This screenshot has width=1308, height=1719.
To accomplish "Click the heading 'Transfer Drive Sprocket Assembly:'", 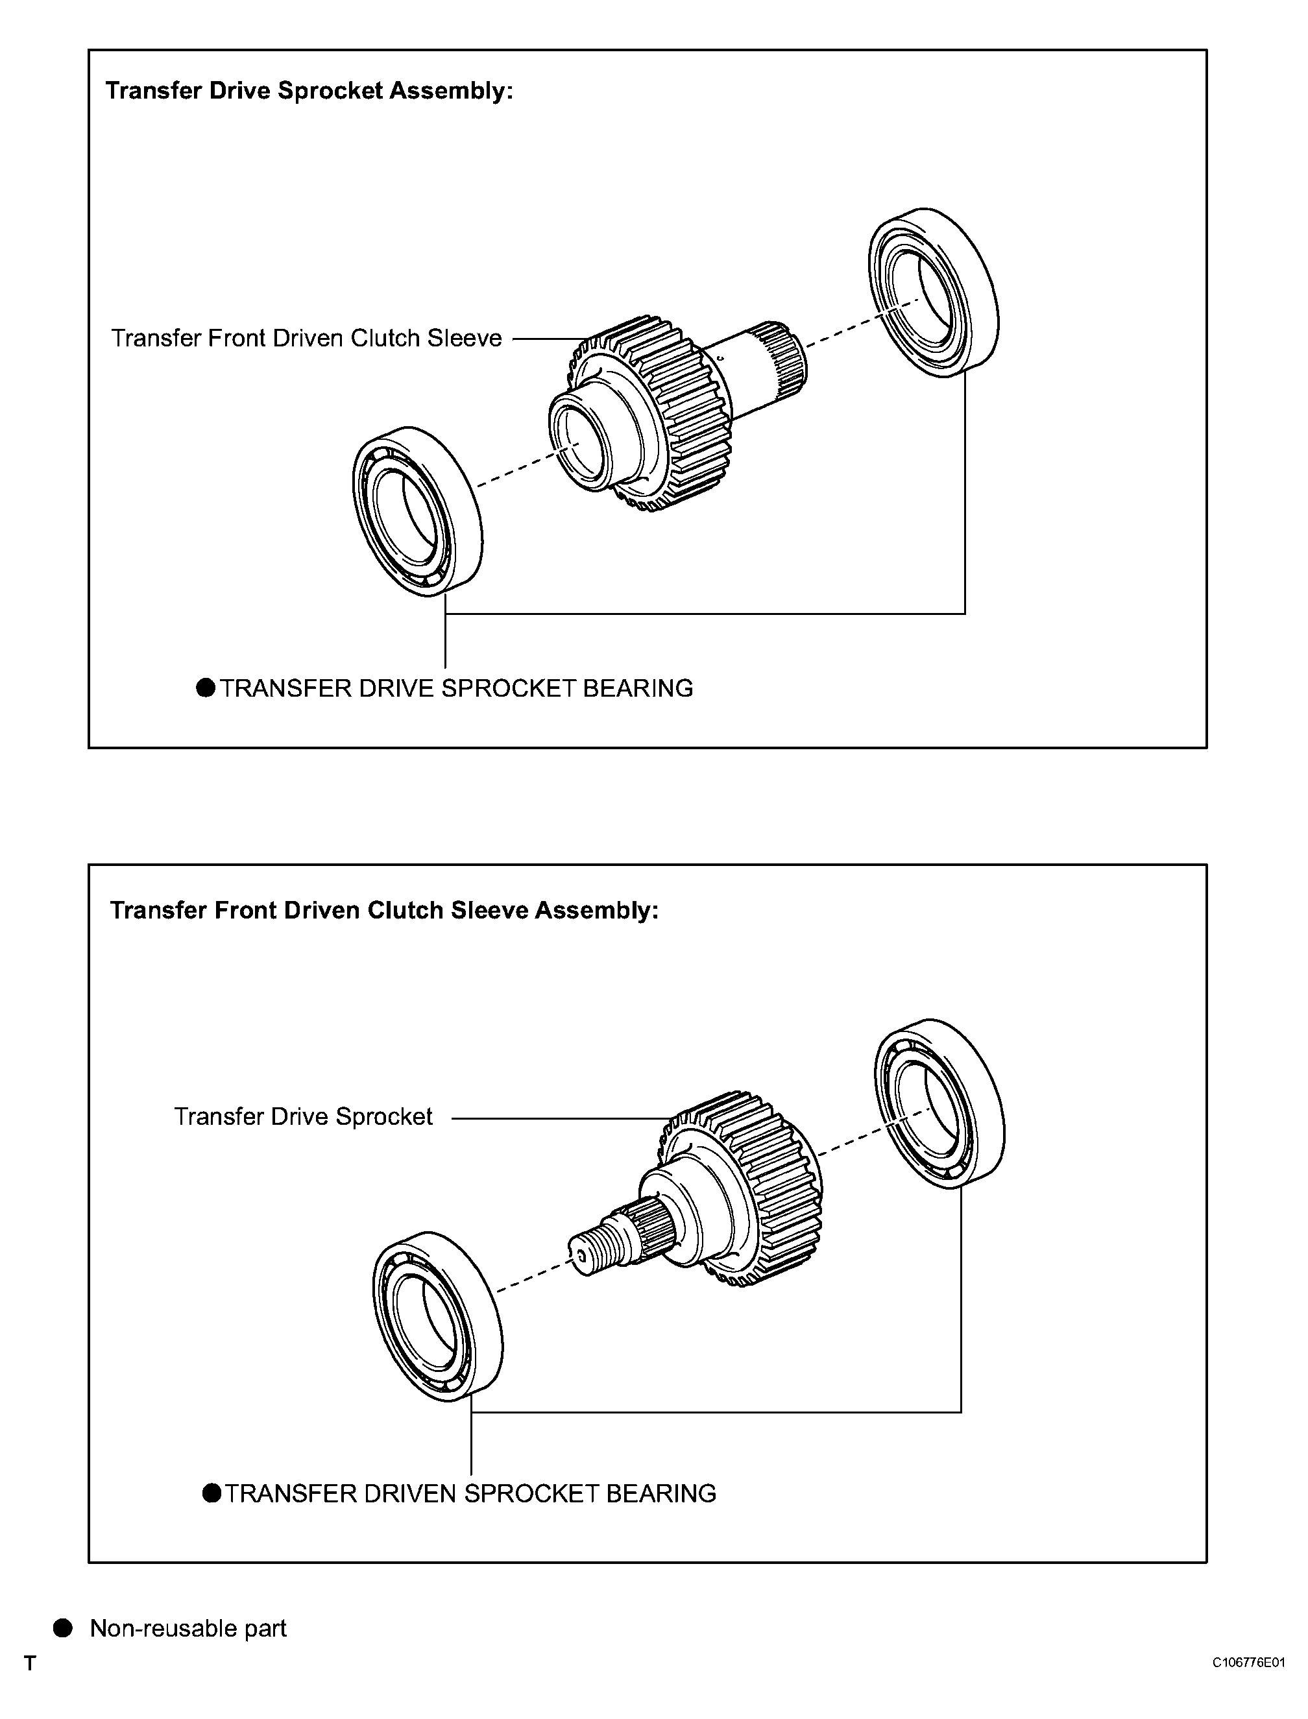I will pyautogui.click(x=309, y=91).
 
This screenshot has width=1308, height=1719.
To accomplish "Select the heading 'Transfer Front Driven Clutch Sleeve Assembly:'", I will pyautogui.click(x=384, y=910).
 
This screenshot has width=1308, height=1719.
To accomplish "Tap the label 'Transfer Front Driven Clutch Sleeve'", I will pyautogui.click(x=306, y=339).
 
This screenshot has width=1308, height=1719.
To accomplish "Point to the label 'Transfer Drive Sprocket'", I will pyautogui.click(x=303, y=1117).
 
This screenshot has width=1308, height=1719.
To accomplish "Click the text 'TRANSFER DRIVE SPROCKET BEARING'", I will pyautogui.click(x=456, y=689).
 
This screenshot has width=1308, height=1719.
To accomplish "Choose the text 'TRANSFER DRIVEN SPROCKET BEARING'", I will pyautogui.click(x=470, y=1494).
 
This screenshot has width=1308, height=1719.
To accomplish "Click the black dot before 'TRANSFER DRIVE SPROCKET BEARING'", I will pyautogui.click(x=206, y=688).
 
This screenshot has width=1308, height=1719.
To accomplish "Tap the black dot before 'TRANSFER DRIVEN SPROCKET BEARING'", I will pyautogui.click(x=212, y=1493).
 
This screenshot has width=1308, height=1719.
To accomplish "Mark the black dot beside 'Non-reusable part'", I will pyautogui.click(x=63, y=1629).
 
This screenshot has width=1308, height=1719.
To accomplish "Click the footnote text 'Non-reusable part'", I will pyautogui.click(x=188, y=1629).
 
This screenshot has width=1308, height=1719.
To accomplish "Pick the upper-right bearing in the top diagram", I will pyautogui.click(x=933, y=293).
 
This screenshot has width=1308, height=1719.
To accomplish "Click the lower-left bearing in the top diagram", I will pyautogui.click(x=417, y=512).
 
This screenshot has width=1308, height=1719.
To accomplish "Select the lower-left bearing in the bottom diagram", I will pyautogui.click(x=437, y=1317).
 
